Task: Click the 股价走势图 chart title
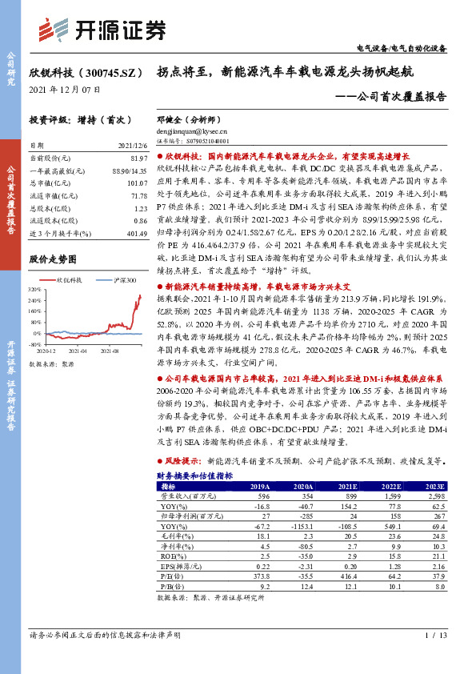(58, 259)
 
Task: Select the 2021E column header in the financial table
(346, 486)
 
